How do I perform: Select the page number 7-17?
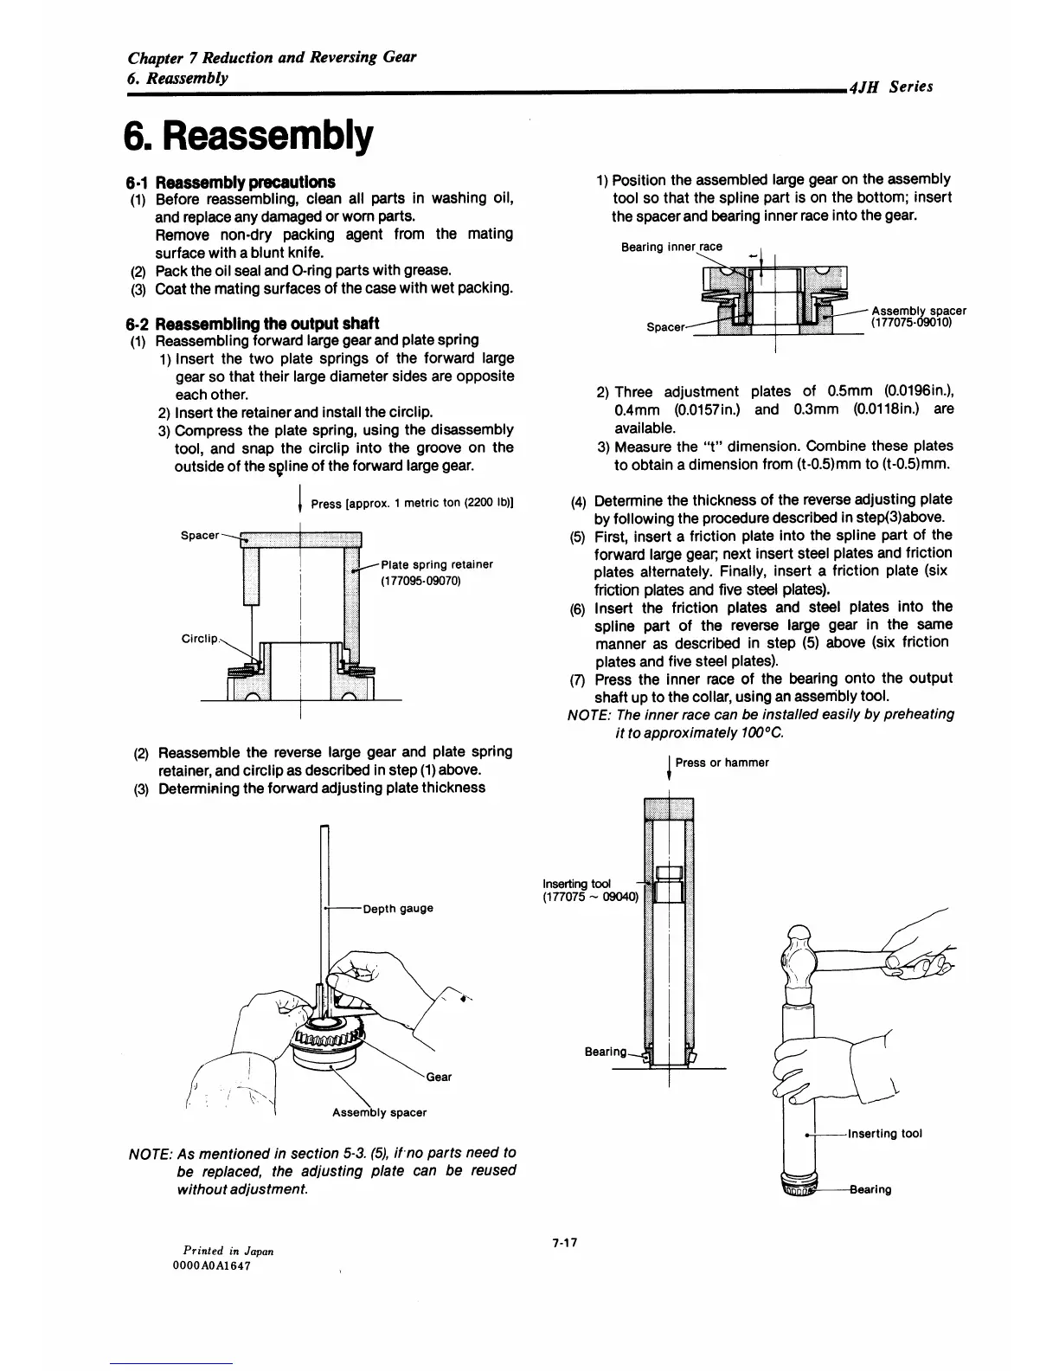564,1243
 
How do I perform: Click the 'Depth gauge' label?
397,909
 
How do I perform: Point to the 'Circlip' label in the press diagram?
200,639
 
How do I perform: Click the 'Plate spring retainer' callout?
437,564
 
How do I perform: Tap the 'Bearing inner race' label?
671,247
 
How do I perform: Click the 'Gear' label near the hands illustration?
439,1078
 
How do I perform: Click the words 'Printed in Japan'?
228,1251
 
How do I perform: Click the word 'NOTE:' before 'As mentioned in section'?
150,1153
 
